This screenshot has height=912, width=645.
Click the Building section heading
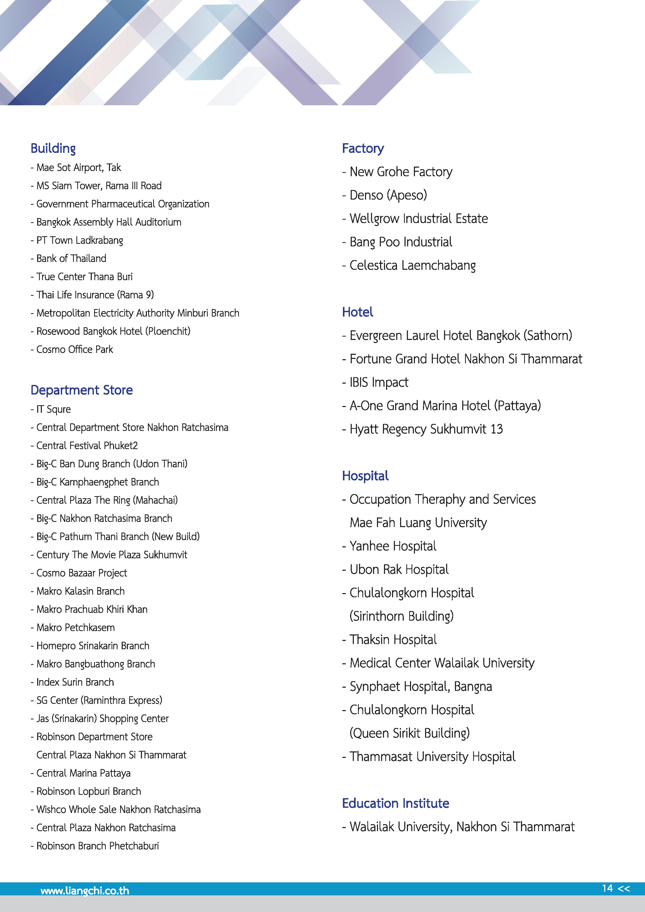coord(53,149)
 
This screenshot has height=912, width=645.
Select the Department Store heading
coord(81,390)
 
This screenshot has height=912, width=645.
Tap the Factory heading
coord(363,149)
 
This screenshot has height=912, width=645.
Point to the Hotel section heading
coord(357,312)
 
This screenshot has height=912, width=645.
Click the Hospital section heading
coord(365,476)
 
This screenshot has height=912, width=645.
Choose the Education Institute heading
coord(395,803)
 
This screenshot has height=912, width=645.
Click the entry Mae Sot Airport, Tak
coord(78,168)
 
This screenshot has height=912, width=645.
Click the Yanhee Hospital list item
coord(393,546)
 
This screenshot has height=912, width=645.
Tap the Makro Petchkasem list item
coord(75,628)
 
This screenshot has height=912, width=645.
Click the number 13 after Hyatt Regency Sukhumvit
coord(496,429)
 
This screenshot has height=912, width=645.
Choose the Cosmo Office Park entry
coord(74,350)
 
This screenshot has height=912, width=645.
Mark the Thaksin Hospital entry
coord(393,640)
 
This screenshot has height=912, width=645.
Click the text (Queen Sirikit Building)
coord(409,733)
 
